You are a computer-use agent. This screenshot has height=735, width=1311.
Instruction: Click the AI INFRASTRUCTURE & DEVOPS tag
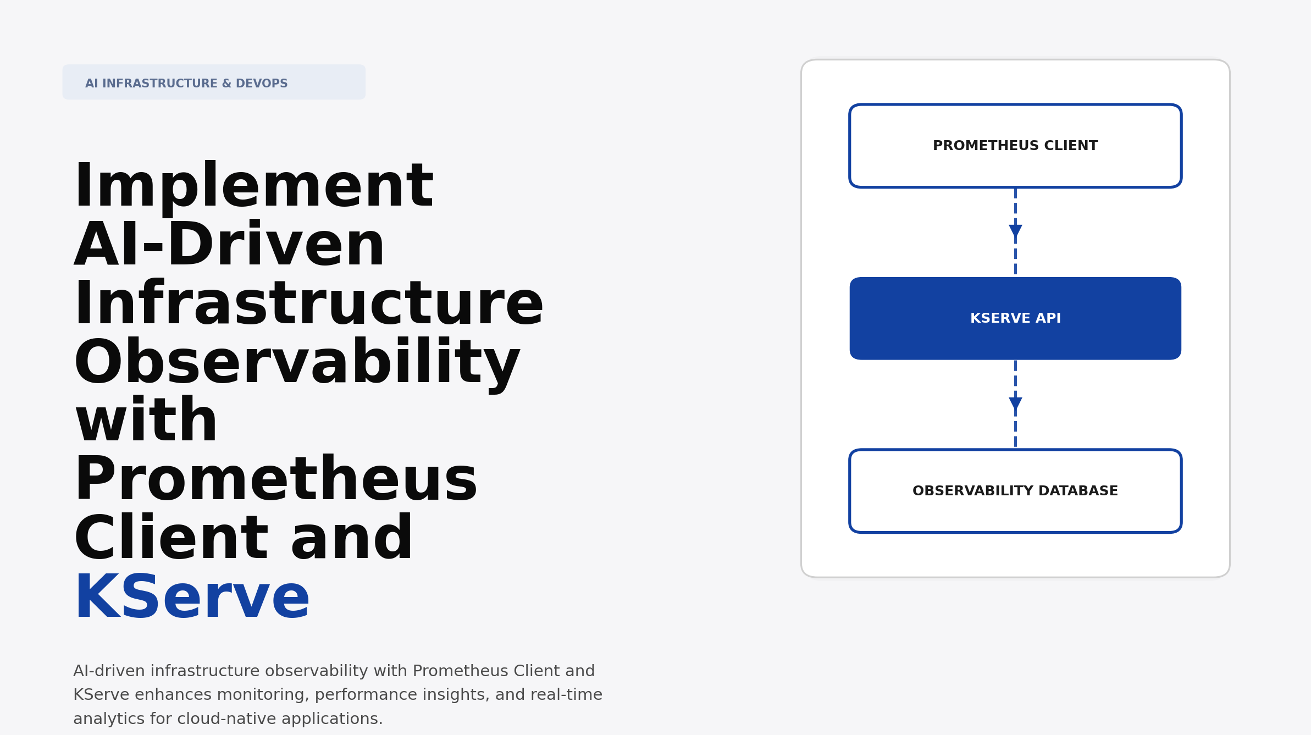213,82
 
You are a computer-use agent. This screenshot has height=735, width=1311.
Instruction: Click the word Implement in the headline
253,187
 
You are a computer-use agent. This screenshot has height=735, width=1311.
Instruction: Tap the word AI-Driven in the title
229,246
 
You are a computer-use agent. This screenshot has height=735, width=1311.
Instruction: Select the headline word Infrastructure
308,305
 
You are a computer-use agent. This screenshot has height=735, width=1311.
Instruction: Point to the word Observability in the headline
296,363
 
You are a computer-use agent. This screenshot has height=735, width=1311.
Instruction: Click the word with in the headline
146,422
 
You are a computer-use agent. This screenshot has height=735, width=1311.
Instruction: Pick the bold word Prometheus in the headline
275,480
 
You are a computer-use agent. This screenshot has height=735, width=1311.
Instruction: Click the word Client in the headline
171,539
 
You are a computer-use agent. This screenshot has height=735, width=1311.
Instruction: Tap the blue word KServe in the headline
192,598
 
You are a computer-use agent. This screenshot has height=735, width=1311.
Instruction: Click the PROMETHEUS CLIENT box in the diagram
1015,146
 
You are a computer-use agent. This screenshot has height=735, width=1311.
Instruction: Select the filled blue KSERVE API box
1015,318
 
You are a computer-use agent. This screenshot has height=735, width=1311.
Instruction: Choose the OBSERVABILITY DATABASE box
1015,491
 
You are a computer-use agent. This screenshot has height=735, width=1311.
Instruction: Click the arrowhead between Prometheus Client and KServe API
1015,230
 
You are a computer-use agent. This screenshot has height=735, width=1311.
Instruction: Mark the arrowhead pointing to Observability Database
1015,403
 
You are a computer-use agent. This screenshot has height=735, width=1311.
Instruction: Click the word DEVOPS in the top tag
262,84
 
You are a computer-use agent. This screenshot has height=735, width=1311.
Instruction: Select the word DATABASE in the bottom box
1078,491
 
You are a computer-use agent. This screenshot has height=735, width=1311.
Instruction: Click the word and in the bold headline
352,539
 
